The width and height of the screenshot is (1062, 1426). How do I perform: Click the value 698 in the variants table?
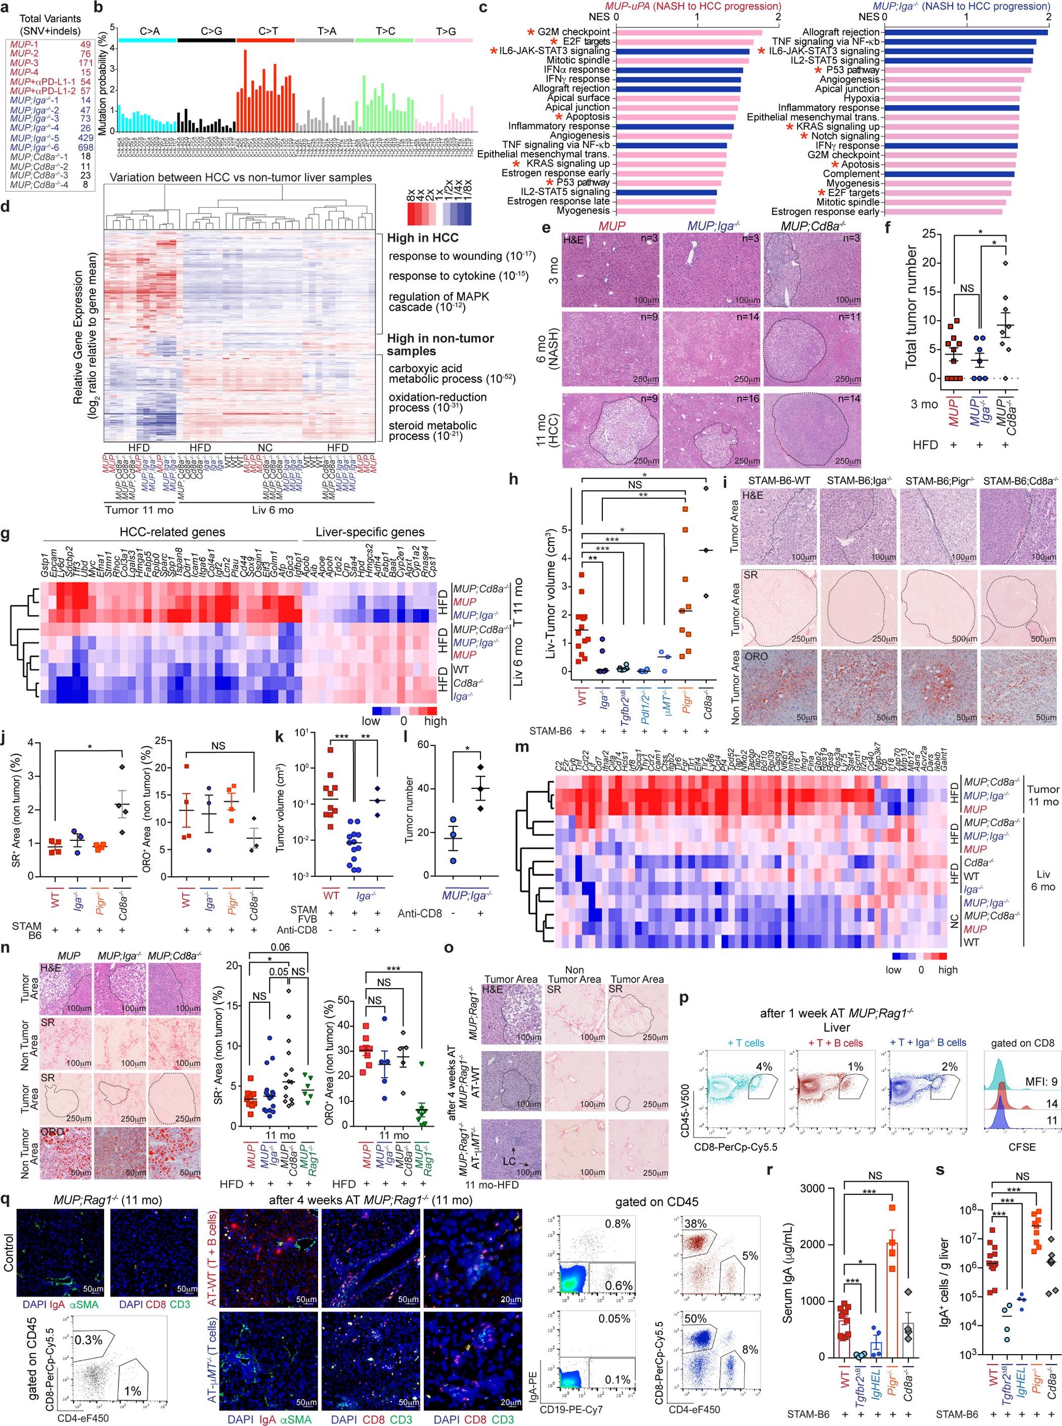pos(85,147)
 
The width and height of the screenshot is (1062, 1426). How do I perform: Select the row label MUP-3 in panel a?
pos(24,63)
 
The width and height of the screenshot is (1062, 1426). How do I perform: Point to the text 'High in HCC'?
pos(422,238)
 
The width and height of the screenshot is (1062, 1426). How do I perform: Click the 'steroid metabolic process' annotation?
pos(432,430)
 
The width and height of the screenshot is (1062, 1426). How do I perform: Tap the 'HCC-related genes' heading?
pos(172,532)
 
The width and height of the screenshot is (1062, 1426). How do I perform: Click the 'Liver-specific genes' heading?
pos(370,532)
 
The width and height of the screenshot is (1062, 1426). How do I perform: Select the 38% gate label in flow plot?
pos(695,1224)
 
